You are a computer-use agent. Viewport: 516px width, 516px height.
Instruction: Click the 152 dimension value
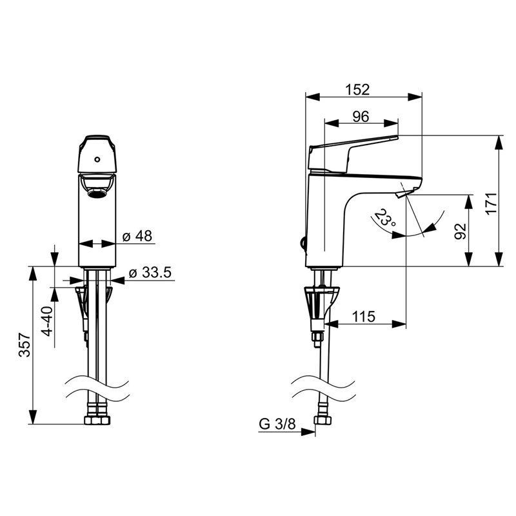tap(357, 90)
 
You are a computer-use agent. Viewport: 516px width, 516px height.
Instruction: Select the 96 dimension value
tap(361, 117)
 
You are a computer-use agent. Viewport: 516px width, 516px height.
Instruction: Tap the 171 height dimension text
tap(492, 203)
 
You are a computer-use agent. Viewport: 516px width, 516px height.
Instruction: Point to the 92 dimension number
tap(461, 231)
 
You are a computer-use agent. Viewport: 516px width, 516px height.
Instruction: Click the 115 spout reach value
tap(364, 317)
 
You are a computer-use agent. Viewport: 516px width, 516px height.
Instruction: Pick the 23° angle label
tap(384, 217)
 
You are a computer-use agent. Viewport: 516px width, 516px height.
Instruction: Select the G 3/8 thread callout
tap(277, 424)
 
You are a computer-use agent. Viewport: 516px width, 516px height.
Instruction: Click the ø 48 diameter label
tap(137, 236)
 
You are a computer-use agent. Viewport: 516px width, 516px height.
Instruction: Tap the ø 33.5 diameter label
tap(150, 272)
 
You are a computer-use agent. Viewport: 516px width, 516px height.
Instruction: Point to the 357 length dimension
tap(25, 345)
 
